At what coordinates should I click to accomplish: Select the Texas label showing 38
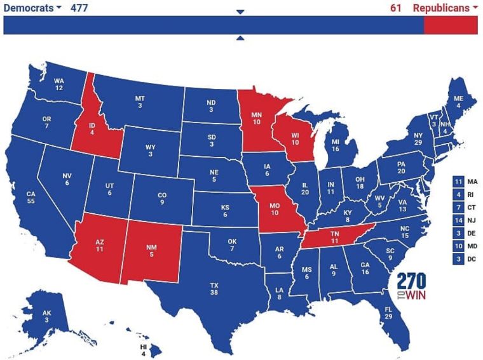coord(214,290)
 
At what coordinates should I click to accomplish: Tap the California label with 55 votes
coord(31,197)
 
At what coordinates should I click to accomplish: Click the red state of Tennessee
coord(333,237)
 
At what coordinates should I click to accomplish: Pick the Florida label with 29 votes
coord(388,312)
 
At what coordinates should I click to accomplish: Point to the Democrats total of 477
coord(79,8)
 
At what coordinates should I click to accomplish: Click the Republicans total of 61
coord(396,8)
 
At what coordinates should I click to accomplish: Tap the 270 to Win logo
coord(412,288)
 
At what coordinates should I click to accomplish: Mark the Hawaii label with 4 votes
coord(144,350)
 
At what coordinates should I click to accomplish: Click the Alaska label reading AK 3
coord(46,316)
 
